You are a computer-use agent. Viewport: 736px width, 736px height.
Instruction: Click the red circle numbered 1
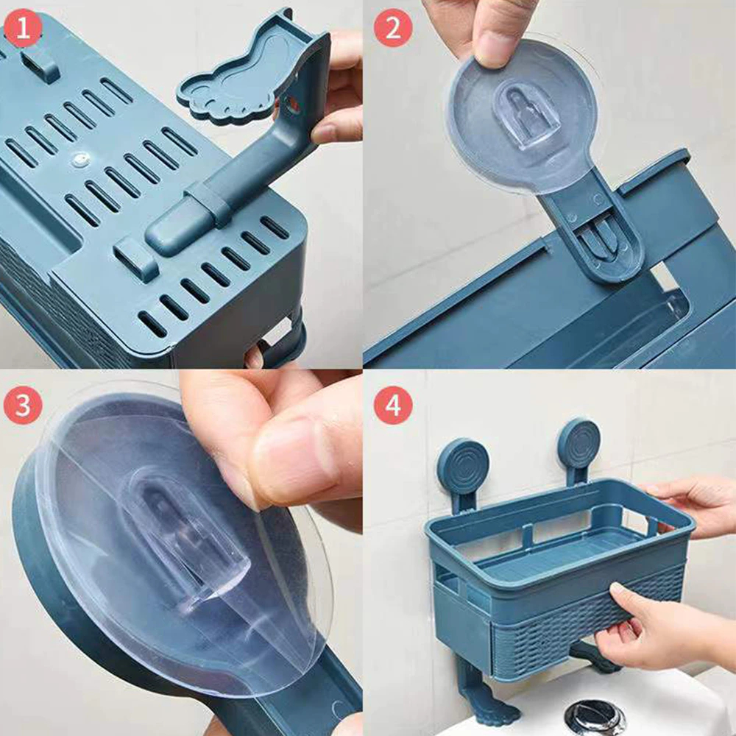23,29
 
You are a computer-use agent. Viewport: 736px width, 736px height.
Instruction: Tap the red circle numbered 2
393,27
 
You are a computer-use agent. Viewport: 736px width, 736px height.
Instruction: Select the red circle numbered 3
23,405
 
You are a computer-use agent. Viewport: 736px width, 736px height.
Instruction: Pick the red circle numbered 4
393,405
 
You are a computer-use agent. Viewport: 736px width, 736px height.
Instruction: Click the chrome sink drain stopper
595,716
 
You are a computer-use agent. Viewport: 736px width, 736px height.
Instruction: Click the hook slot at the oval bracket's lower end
604,235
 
